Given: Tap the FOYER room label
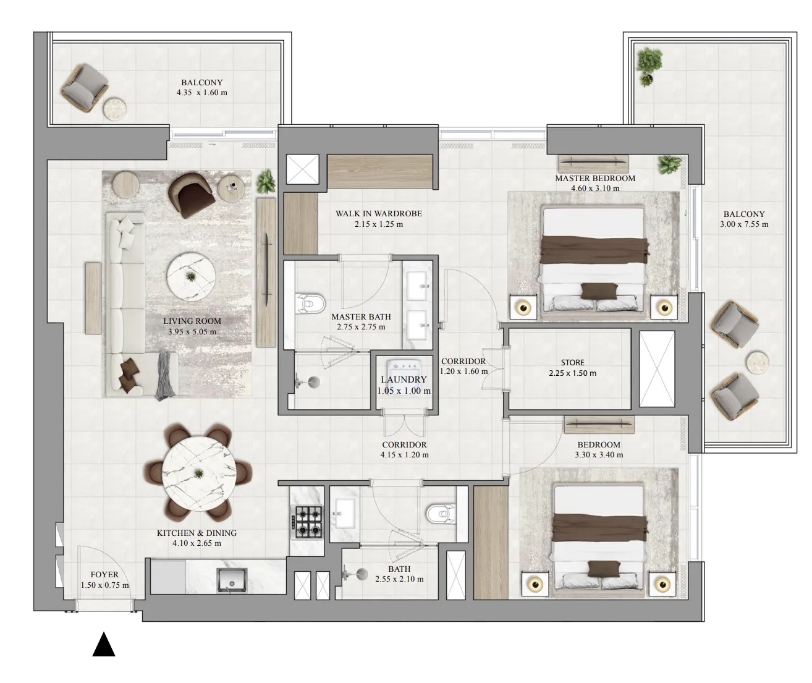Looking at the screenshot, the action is coord(104,574).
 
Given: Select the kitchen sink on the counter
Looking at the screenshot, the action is coord(232,581).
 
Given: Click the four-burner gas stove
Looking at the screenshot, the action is coord(307,522).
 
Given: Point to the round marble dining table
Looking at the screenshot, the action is coord(199,473).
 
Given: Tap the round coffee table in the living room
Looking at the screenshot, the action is coord(191,276).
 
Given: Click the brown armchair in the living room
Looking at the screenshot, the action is coord(191,195).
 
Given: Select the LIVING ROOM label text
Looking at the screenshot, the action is coord(192,321).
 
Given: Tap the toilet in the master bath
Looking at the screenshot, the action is coord(310,303).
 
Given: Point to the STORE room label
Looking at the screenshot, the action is coord(572,362).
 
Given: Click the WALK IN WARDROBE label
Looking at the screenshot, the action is coord(379,213).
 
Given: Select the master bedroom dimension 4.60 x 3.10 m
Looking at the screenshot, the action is coord(595,189).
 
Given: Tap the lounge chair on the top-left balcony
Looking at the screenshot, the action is coord(85,88).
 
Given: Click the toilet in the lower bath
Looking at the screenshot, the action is coord(441,514).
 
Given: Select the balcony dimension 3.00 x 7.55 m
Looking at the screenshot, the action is coord(744,224).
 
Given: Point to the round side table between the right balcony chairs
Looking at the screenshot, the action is coord(757,362).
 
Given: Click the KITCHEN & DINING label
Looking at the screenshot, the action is coord(197,533).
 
